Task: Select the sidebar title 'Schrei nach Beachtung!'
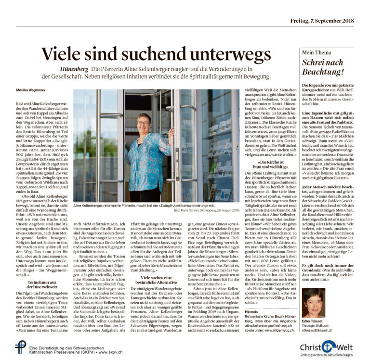[323, 67]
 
